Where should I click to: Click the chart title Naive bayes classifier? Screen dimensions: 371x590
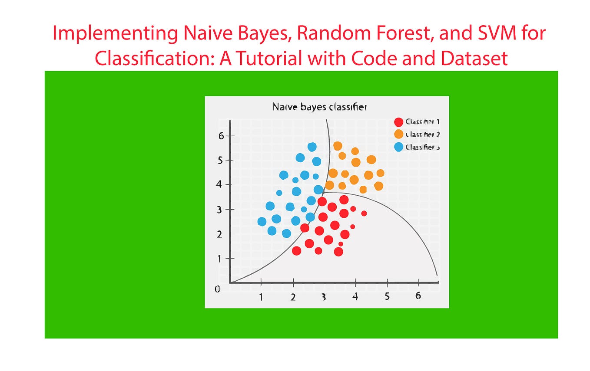pos(319,107)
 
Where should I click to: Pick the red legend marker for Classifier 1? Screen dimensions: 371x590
pos(398,122)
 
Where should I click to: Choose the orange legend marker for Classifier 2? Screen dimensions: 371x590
pos(398,135)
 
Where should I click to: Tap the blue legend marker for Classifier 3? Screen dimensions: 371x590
pos(398,147)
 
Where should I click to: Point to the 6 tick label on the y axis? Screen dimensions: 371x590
pos(221,136)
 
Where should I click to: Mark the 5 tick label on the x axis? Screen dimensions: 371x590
pos(387,296)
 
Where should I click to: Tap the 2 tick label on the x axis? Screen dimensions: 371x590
pos(293,297)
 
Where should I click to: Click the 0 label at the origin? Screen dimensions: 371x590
pos(218,289)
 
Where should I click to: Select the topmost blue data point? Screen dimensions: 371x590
pos(312,147)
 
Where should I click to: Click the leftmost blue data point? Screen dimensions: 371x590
pos(262,222)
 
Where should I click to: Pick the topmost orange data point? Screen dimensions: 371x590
pos(338,146)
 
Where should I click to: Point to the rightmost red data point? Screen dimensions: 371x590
pos(364,213)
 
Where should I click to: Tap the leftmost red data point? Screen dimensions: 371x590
pos(297,250)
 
